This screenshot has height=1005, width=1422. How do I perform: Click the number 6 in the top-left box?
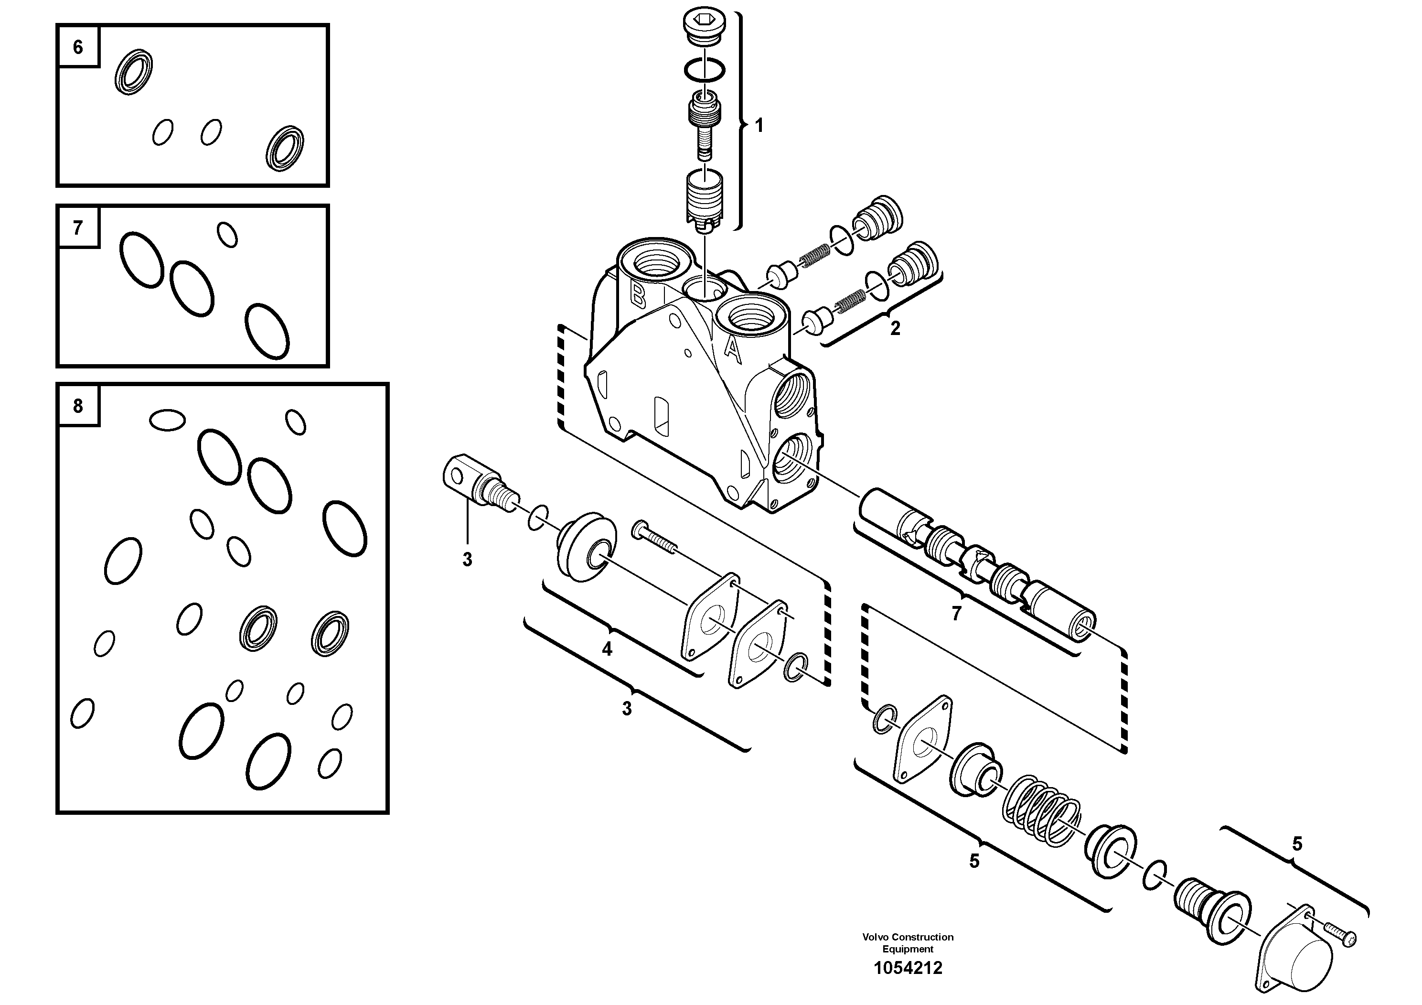(x=78, y=47)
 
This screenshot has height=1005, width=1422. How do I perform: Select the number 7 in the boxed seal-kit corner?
(x=78, y=228)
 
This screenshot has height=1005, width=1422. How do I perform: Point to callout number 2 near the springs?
(x=895, y=328)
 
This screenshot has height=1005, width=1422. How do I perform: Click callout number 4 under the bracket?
(x=607, y=649)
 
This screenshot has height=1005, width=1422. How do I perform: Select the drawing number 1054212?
(x=908, y=968)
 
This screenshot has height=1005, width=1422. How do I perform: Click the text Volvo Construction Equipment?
(x=908, y=942)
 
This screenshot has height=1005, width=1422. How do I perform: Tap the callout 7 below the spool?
(x=956, y=614)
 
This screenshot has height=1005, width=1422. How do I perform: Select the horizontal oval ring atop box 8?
(x=167, y=420)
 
